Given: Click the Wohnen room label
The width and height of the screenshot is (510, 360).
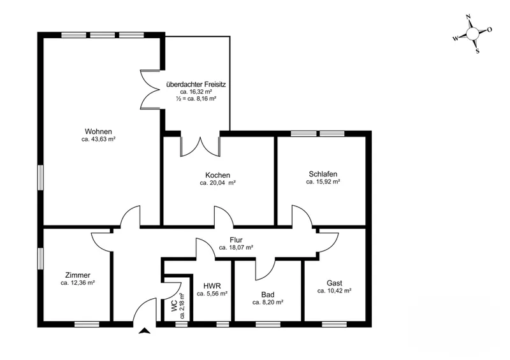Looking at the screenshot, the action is [x=98, y=131].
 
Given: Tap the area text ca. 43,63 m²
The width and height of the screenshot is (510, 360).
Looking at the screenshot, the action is [x=99, y=139].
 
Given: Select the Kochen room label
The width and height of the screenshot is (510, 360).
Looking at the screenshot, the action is [x=217, y=175].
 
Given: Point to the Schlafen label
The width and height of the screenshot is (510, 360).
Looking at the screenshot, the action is [x=323, y=174].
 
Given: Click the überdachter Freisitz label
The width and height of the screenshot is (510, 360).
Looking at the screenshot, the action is [x=196, y=84].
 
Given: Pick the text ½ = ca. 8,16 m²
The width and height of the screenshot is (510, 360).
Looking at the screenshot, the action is [x=196, y=99].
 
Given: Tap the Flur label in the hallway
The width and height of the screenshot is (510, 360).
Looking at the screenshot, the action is [x=236, y=240].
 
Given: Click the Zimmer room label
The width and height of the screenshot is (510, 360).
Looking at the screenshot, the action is [x=78, y=275].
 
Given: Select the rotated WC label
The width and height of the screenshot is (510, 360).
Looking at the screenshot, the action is [x=174, y=306].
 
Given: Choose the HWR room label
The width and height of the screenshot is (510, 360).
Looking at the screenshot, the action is [x=212, y=286].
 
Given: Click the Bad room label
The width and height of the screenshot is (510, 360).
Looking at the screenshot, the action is [x=268, y=294].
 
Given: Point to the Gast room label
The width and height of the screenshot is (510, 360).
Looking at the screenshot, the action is [x=334, y=283].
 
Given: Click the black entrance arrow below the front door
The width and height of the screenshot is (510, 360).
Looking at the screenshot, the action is [x=145, y=331].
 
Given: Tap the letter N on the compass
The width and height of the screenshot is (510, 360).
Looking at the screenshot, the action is [x=469, y=17].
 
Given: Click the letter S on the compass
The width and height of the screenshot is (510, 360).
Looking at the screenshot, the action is [x=477, y=51].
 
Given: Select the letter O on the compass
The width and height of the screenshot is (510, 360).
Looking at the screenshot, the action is [x=490, y=29].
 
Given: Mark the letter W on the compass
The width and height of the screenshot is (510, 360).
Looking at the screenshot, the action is [x=456, y=38].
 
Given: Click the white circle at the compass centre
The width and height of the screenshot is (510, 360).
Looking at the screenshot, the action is [x=472, y=33].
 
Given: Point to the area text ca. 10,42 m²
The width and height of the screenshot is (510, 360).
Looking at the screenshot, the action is [x=334, y=291].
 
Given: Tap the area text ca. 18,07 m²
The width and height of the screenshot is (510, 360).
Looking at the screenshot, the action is [x=236, y=247].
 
